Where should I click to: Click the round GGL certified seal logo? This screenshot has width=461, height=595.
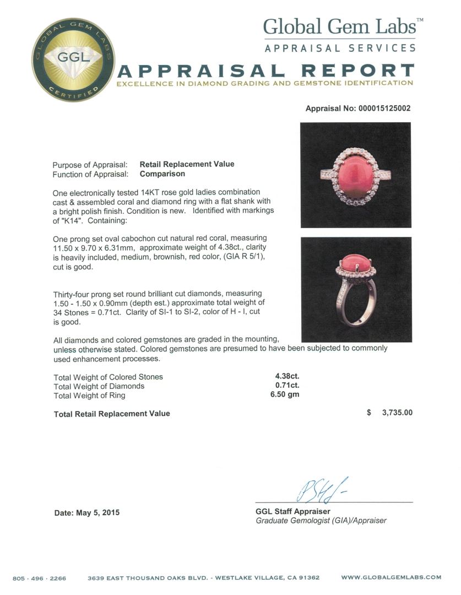click(x=68, y=59)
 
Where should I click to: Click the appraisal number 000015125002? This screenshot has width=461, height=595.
click(x=380, y=109)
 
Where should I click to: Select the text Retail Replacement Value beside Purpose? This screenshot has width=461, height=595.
click(x=187, y=164)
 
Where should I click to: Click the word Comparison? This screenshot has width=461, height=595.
click(x=162, y=174)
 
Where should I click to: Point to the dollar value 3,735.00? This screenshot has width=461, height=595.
click(x=397, y=413)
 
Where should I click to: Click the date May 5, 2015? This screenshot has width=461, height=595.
click(x=87, y=512)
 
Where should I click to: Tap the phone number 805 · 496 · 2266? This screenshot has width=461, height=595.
click(x=39, y=578)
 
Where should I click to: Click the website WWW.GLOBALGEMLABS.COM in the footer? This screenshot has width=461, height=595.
click(x=391, y=577)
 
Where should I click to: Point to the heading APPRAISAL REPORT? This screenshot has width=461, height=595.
click(x=266, y=71)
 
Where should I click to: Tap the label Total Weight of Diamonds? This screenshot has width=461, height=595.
click(x=99, y=386)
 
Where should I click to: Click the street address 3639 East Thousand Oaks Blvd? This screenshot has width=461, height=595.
click(x=148, y=578)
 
